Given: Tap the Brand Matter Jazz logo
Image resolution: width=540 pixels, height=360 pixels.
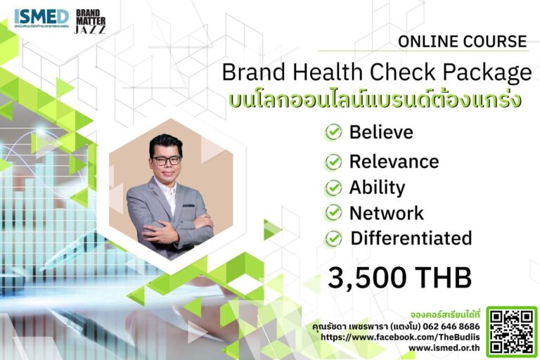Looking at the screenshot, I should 90,22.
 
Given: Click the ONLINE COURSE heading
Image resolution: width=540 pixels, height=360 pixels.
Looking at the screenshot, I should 462,41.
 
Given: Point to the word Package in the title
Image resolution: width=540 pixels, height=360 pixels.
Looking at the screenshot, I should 484,73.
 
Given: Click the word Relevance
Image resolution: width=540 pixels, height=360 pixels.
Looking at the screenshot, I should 394,162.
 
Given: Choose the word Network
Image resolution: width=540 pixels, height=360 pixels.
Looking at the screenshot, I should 386,213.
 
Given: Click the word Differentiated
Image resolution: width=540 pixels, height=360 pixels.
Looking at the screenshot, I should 411,238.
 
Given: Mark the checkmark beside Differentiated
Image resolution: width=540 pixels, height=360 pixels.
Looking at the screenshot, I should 333,239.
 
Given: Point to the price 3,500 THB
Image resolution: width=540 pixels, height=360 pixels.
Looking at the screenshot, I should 399,278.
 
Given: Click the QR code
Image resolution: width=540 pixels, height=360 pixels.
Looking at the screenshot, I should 511,331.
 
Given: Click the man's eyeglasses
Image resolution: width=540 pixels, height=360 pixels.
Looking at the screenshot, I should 166,160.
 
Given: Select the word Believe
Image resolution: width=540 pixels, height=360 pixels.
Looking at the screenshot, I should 381,132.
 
